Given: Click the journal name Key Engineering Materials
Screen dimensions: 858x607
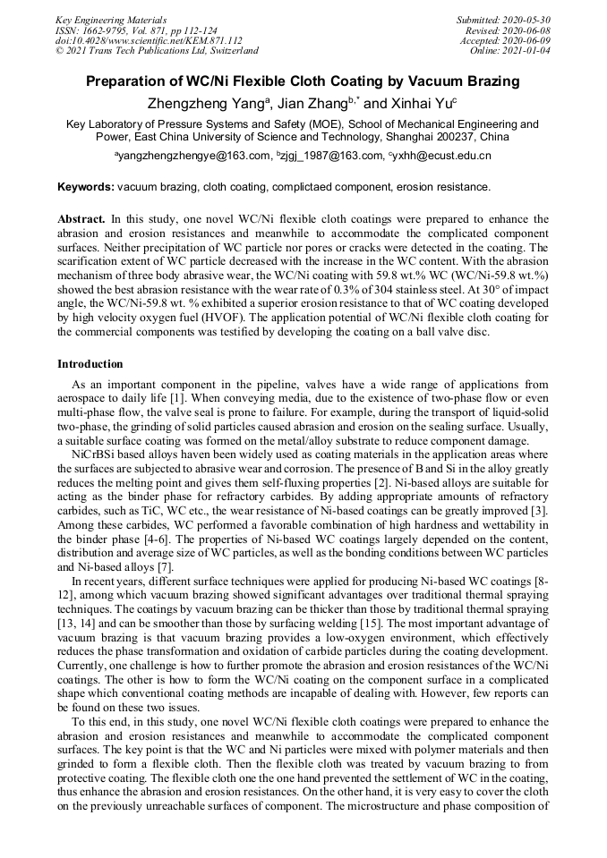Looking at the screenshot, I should (111, 19).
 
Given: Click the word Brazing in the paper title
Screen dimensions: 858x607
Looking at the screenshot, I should (492, 81).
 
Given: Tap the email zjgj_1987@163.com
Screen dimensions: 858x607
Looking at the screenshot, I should (329, 156).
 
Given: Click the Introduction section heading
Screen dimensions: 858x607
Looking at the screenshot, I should (90, 364).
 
